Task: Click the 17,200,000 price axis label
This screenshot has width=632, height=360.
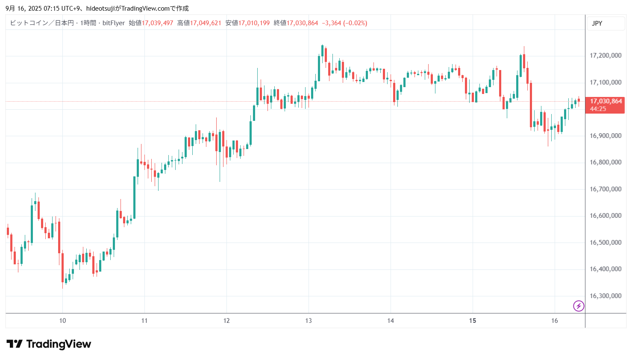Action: (605, 56)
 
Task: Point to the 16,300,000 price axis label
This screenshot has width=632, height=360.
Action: (605, 296)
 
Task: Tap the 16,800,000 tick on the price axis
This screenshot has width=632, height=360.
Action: (605, 162)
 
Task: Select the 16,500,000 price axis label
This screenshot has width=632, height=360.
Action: (605, 243)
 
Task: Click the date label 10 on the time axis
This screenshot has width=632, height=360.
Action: (62, 321)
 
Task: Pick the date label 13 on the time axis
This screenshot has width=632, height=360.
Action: (309, 321)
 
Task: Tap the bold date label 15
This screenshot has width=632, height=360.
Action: (472, 321)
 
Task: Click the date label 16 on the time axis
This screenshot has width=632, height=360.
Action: (554, 321)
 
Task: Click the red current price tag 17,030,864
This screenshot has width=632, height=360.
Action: (605, 102)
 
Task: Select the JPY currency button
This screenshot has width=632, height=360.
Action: (597, 23)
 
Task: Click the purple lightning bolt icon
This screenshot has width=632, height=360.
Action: (578, 306)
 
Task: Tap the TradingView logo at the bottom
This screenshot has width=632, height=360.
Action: (49, 344)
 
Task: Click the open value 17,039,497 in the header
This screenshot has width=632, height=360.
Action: (157, 23)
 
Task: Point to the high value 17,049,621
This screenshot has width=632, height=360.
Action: (206, 23)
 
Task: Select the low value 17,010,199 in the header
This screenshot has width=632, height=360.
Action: (254, 23)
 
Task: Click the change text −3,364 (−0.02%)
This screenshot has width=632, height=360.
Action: (344, 23)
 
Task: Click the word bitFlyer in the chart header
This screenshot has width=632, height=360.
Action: (114, 23)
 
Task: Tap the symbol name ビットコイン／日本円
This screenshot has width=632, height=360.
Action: (42, 23)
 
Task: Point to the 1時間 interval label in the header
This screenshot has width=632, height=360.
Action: (88, 23)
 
